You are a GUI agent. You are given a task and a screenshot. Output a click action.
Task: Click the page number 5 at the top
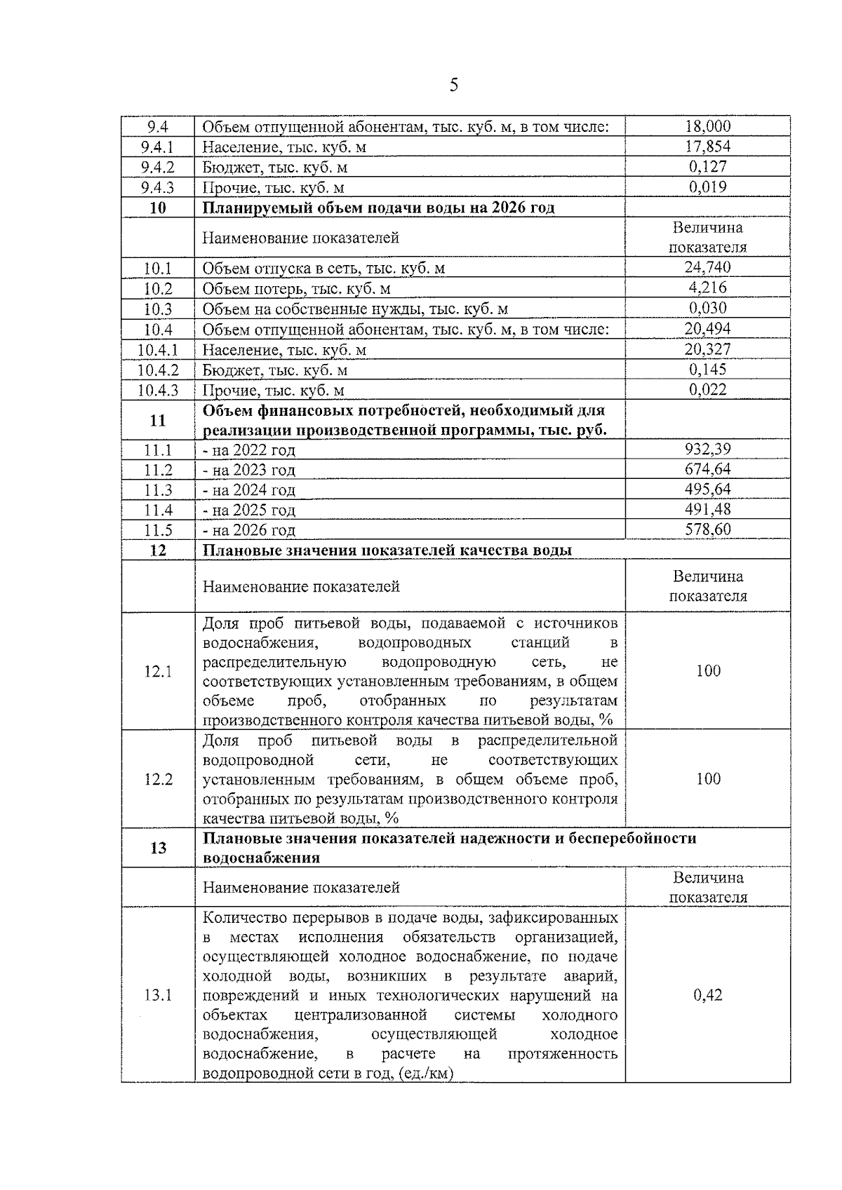pyautogui.click(x=454, y=86)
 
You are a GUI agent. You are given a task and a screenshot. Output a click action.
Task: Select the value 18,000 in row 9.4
pyautogui.click(x=707, y=126)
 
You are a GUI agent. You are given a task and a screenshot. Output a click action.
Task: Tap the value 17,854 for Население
pyautogui.click(x=707, y=147)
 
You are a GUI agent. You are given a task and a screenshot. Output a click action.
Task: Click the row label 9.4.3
pyautogui.click(x=157, y=187)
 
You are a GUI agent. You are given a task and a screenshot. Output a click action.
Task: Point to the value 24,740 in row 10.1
pyautogui.click(x=707, y=267)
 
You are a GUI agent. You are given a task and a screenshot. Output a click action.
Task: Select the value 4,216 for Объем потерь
pyautogui.click(x=707, y=288)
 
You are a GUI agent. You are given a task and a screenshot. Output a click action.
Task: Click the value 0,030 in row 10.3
pyautogui.click(x=707, y=308)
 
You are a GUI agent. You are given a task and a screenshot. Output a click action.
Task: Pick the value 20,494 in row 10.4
pyautogui.click(x=707, y=328)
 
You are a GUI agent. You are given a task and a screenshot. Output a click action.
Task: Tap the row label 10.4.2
pyautogui.click(x=158, y=370)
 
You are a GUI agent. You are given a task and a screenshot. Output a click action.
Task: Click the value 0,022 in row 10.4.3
pyautogui.click(x=707, y=389)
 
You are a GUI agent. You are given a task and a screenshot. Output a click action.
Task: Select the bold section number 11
pyautogui.click(x=158, y=420)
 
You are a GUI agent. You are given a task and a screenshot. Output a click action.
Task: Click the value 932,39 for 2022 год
pyautogui.click(x=707, y=449)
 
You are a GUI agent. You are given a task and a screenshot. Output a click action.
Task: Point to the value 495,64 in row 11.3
pyautogui.click(x=707, y=489)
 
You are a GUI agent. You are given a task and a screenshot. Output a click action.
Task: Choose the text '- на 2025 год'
pyautogui.click(x=249, y=510)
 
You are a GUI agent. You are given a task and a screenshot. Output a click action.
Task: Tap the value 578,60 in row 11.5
pyautogui.click(x=707, y=529)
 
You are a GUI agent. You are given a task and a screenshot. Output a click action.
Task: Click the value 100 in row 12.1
pyautogui.click(x=708, y=671)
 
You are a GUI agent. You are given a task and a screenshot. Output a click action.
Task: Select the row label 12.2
pyautogui.click(x=158, y=779)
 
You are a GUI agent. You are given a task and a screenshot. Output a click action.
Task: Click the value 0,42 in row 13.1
pyautogui.click(x=708, y=995)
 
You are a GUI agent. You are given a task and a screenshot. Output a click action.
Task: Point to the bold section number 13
pyautogui.click(x=158, y=848)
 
